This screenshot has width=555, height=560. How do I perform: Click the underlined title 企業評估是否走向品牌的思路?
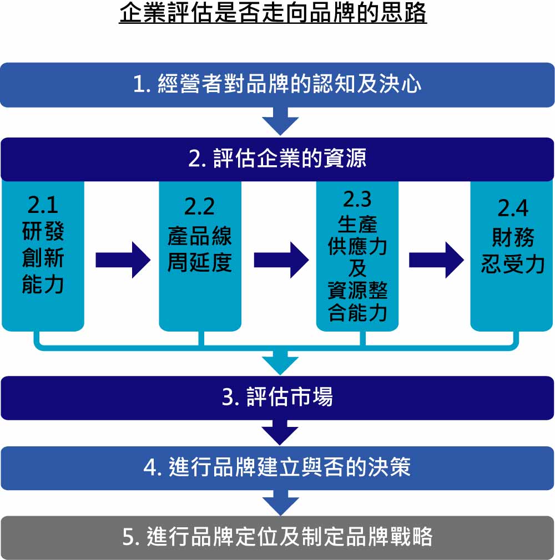[x=273, y=13]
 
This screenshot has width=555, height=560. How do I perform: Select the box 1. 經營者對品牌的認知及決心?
[x=277, y=85]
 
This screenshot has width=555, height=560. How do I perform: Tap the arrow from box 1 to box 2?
[x=280, y=121]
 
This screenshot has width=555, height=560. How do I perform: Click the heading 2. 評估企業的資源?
[x=277, y=159]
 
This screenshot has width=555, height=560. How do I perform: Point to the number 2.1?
[x=43, y=205]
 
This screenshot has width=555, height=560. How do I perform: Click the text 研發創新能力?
[x=43, y=257]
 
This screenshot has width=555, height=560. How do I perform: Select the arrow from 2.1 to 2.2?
[x=123, y=260]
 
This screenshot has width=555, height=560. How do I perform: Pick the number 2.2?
[x=200, y=206]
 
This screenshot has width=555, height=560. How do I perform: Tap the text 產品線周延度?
[x=200, y=250]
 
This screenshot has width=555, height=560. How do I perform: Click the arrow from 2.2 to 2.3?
[x=281, y=260]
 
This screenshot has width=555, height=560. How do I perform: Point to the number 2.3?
[x=357, y=199]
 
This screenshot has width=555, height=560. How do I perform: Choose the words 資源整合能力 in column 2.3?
[x=357, y=301]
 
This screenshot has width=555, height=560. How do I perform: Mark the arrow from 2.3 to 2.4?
[x=436, y=260]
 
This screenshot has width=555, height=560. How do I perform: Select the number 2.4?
[x=513, y=208]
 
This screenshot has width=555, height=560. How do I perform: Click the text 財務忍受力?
[x=513, y=251]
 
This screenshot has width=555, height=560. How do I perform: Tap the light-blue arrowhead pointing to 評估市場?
[x=280, y=364]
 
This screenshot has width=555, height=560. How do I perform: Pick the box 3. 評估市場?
[x=277, y=398]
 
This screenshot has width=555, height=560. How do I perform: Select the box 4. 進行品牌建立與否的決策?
[x=277, y=468]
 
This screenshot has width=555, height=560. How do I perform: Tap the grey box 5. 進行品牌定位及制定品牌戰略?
[x=277, y=537]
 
